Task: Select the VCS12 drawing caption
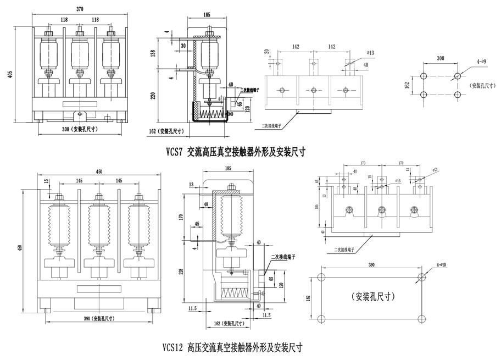232,347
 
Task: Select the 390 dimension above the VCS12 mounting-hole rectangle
371,265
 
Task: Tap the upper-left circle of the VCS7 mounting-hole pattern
424,76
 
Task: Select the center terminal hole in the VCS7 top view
313,90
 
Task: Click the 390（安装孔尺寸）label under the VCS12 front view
94,319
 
